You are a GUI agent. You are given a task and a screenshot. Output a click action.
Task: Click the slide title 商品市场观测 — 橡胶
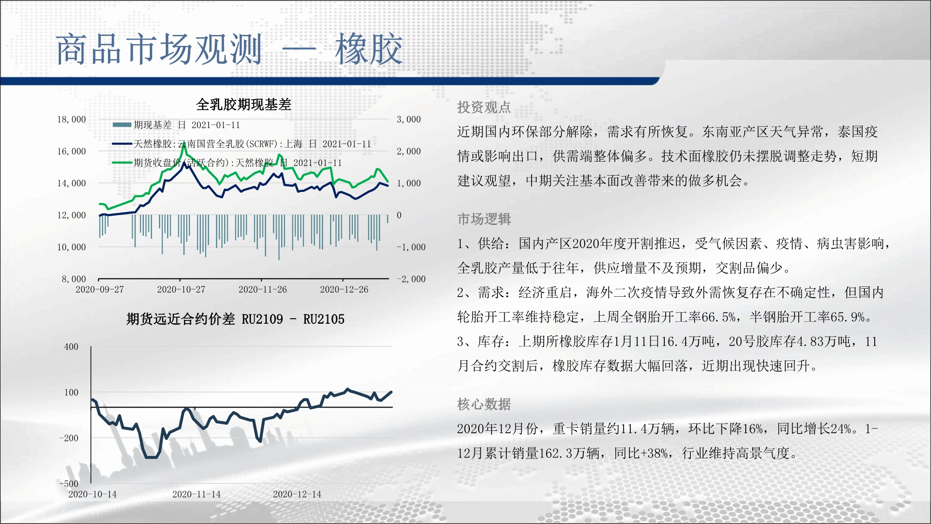coord(229,49)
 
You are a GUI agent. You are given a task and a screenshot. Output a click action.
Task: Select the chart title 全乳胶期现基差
coord(244,104)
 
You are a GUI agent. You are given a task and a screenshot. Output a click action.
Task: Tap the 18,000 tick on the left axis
coord(72,120)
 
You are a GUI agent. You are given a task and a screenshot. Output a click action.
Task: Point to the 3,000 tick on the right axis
coord(409,120)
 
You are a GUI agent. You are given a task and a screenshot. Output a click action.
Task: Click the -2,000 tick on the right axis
coord(411,279)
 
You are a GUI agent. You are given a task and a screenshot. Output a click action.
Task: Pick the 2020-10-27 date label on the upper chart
coord(181,289)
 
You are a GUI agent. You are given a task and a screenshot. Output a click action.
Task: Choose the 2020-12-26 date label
coord(344,289)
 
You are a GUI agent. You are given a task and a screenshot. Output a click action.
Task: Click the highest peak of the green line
coord(184,143)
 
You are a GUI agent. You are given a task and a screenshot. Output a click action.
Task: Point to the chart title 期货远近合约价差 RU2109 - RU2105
coord(236,319)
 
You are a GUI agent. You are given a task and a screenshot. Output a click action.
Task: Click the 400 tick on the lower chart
coord(71,347)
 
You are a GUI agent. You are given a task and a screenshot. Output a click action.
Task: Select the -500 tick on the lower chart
coord(69,483)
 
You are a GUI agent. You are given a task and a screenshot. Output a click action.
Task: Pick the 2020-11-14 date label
coord(196,494)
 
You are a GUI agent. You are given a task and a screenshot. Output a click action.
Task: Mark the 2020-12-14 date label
coord(297,494)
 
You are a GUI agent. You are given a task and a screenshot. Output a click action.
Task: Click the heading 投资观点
coord(484,108)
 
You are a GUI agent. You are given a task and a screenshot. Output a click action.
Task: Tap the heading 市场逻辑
coord(484,219)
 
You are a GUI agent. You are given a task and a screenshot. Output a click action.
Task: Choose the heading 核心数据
coord(484,404)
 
